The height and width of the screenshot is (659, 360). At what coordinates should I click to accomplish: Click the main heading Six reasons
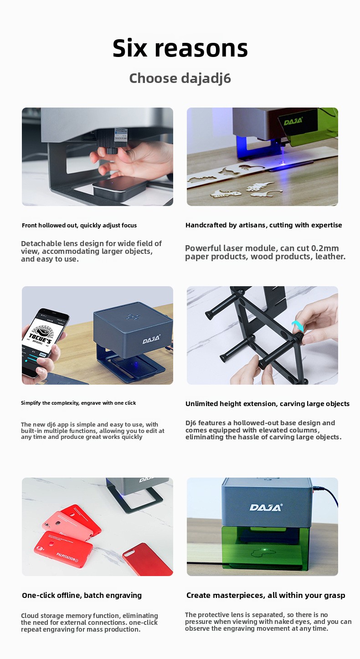(180, 48)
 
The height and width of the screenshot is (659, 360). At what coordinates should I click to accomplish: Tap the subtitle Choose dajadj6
(180, 78)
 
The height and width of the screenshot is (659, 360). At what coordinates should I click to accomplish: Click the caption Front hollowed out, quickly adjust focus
(79, 225)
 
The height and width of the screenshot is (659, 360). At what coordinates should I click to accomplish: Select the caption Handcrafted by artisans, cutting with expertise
(263, 225)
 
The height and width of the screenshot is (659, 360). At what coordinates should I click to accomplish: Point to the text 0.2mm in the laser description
(325, 248)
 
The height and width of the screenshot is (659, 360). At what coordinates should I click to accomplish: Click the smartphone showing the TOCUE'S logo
(44, 343)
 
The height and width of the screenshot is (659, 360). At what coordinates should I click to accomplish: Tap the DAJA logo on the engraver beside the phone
(151, 339)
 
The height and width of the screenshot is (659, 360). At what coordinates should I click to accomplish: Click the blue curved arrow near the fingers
(297, 326)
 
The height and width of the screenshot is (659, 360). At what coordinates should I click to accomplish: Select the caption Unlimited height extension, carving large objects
(267, 404)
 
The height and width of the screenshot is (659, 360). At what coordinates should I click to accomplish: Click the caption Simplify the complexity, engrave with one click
(78, 403)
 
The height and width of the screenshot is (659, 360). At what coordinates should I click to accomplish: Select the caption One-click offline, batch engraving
(82, 595)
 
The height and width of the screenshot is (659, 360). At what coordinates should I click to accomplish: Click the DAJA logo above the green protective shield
(266, 507)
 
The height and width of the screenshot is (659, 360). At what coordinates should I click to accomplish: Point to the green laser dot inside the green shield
(265, 549)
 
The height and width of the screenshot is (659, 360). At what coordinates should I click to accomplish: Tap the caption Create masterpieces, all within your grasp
(266, 595)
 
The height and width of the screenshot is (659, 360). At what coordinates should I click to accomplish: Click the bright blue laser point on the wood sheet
(283, 162)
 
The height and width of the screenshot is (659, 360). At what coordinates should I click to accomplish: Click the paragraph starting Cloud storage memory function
(89, 622)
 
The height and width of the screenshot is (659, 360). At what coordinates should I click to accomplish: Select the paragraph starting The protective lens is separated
(268, 621)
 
